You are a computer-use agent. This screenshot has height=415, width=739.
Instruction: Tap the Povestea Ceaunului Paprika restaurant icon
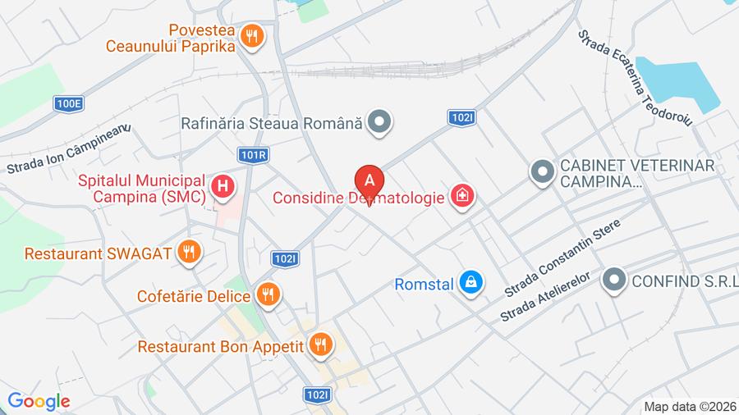click(252, 35)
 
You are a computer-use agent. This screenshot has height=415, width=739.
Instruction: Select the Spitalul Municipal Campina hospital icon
click(222, 187)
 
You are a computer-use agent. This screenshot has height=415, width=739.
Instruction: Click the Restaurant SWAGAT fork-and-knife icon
click(190, 252)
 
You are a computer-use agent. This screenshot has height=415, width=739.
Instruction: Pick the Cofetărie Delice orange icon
click(268, 294)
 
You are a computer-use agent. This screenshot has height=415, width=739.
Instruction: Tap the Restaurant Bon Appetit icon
click(321, 345)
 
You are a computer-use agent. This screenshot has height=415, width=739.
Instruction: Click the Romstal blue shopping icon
click(470, 284)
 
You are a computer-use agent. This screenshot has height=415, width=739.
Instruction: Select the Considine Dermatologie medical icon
click(462, 196)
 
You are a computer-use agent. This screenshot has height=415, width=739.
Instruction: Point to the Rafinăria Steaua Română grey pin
click(379, 123)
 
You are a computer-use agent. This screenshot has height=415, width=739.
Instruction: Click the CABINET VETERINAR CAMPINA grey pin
click(541, 172)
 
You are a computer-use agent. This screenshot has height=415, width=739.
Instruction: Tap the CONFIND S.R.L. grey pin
click(613, 281)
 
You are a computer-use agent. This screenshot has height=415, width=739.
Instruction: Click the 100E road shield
click(69, 103)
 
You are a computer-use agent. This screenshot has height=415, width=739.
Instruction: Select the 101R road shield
click(255, 154)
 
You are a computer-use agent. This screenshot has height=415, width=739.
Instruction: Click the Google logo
click(39, 401)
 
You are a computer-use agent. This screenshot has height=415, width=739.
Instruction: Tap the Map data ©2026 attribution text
click(690, 406)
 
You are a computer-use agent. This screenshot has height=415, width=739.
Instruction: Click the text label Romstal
click(424, 285)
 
